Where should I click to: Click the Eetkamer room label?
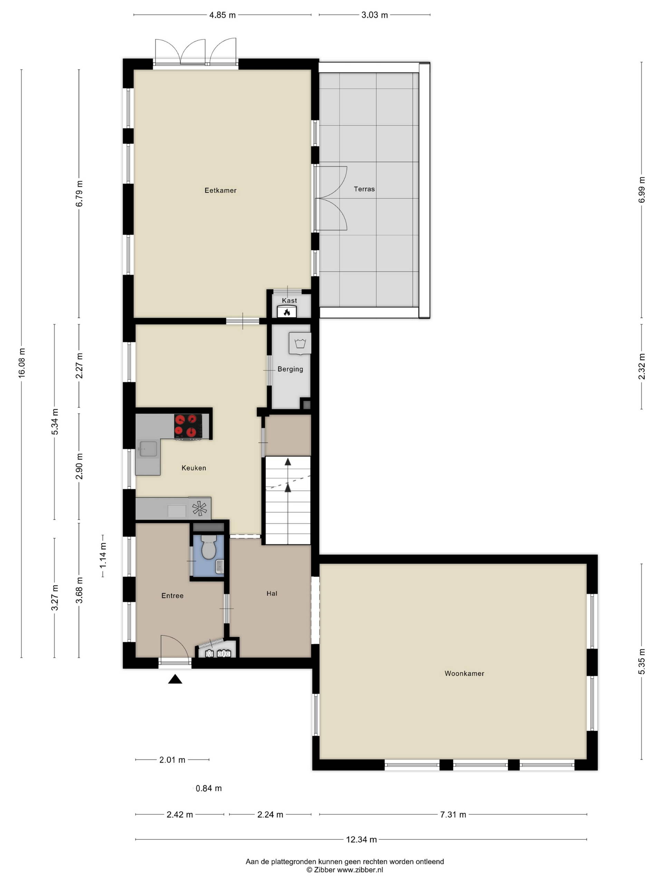coord(220,191)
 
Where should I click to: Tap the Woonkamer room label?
coord(464,673)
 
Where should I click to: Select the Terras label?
coord(364,189)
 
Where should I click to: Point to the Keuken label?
coord(194,468)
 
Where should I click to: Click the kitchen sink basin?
coord(148,449)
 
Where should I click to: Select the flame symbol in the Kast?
coord(287,312)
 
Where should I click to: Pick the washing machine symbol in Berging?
coord(300,344)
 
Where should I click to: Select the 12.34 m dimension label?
coord(361,840)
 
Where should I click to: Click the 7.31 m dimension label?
coord(453,815)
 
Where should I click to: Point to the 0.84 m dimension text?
coord(209,788)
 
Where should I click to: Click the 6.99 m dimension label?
coord(642,190)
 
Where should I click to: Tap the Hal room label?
coord(272,594)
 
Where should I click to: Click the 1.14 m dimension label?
coord(104,556)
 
